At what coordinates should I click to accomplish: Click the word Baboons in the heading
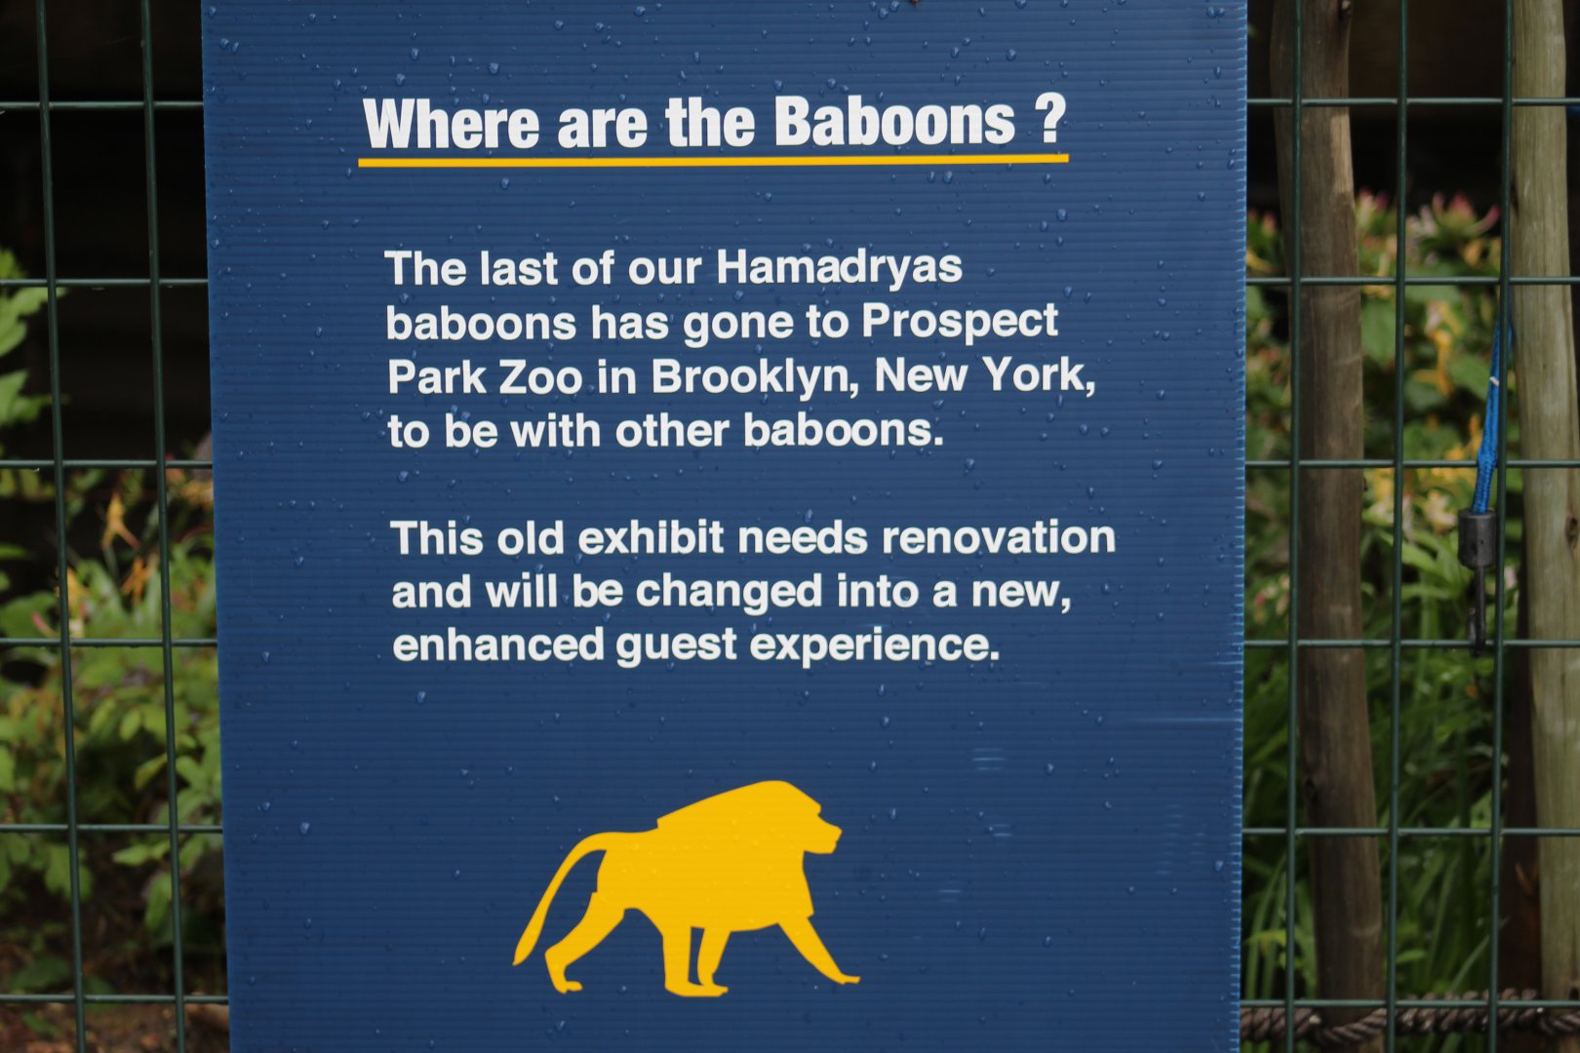(894, 123)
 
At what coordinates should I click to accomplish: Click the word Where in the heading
(451, 125)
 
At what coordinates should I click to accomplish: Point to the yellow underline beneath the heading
(713, 161)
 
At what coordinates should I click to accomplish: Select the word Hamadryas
(839, 268)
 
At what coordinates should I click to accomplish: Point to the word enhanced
(497, 644)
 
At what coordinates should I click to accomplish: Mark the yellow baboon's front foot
(839, 976)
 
